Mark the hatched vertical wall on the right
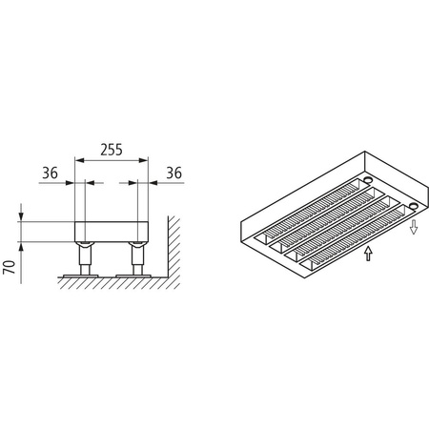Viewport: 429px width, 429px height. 174,250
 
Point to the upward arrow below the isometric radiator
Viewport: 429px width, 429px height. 367,255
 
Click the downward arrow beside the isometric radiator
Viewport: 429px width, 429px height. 415,229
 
